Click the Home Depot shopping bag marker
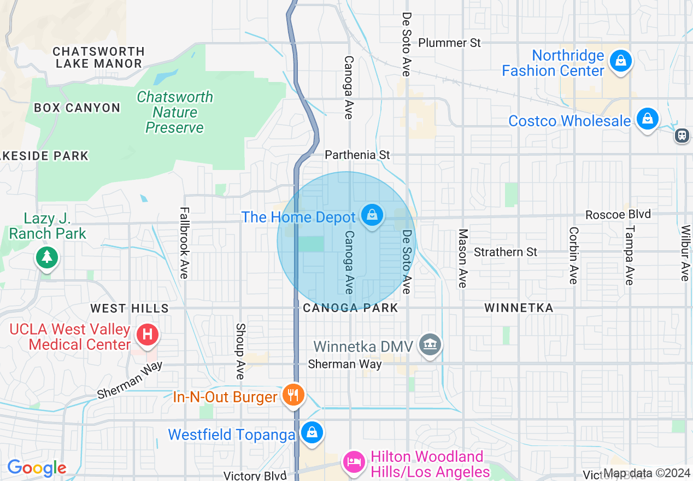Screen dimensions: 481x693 [372, 215]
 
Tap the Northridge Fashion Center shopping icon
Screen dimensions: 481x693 [621, 60]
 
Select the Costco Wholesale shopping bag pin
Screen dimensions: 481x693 [647, 119]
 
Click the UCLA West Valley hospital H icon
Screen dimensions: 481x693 [147, 333]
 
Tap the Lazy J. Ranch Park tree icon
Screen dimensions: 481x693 [46, 257]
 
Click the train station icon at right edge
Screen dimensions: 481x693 [682, 135]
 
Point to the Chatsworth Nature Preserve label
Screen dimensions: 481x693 [174, 112]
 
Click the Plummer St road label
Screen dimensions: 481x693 [449, 43]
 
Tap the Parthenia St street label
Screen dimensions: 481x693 [357, 155]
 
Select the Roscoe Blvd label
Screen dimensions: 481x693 [618, 214]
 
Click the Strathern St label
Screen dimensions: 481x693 [506, 252]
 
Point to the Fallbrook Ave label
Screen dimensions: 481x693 [184, 243]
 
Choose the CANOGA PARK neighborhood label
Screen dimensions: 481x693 [350, 308]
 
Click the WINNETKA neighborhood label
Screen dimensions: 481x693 [519, 308]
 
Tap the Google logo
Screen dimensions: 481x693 [37, 468]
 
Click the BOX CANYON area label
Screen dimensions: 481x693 [77, 108]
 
